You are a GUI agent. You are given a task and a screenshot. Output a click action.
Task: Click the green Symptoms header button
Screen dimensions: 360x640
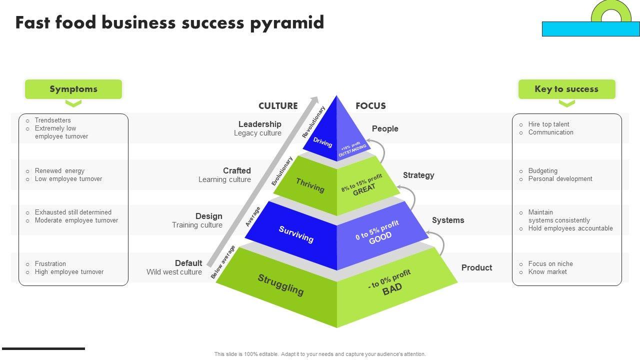pos(73,89)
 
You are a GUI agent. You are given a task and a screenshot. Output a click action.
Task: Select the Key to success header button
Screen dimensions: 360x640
pos(566,89)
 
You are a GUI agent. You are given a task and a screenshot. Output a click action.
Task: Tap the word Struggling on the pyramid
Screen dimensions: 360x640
pos(280,284)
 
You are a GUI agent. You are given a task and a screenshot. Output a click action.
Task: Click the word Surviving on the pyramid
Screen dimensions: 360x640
pos(296,234)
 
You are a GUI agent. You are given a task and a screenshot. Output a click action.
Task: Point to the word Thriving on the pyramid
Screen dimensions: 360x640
pos(310,185)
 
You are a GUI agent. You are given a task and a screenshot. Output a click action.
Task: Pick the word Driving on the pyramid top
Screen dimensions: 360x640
pos(322,142)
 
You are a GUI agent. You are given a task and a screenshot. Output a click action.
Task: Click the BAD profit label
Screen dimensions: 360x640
pos(392,289)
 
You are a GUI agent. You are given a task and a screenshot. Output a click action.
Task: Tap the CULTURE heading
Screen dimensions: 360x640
pos(278,106)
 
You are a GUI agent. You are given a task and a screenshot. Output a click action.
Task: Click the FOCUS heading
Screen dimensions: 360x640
pos(370,106)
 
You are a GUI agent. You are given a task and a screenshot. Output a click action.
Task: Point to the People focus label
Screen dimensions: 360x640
pos(385,128)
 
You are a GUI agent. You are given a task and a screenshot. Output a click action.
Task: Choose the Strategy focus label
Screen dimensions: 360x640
pos(418,175)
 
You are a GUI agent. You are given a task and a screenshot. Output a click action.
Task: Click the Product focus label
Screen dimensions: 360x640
pos(476,267)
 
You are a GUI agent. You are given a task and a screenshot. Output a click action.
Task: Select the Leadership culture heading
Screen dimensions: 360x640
pos(260,124)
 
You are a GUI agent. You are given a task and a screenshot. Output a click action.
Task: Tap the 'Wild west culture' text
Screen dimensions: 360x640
pos(174,272)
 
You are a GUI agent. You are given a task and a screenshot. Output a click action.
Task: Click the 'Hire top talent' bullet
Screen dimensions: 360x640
pos(548,124)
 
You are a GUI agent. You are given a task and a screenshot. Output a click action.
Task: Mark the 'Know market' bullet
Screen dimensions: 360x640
pos(547,272)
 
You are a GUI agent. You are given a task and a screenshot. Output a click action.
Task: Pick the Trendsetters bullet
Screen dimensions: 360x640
pos(52,120)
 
